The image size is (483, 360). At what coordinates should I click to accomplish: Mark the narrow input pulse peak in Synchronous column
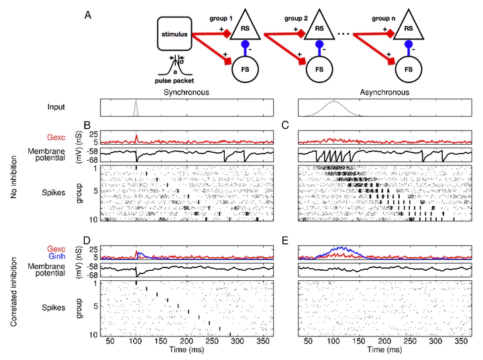136,103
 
